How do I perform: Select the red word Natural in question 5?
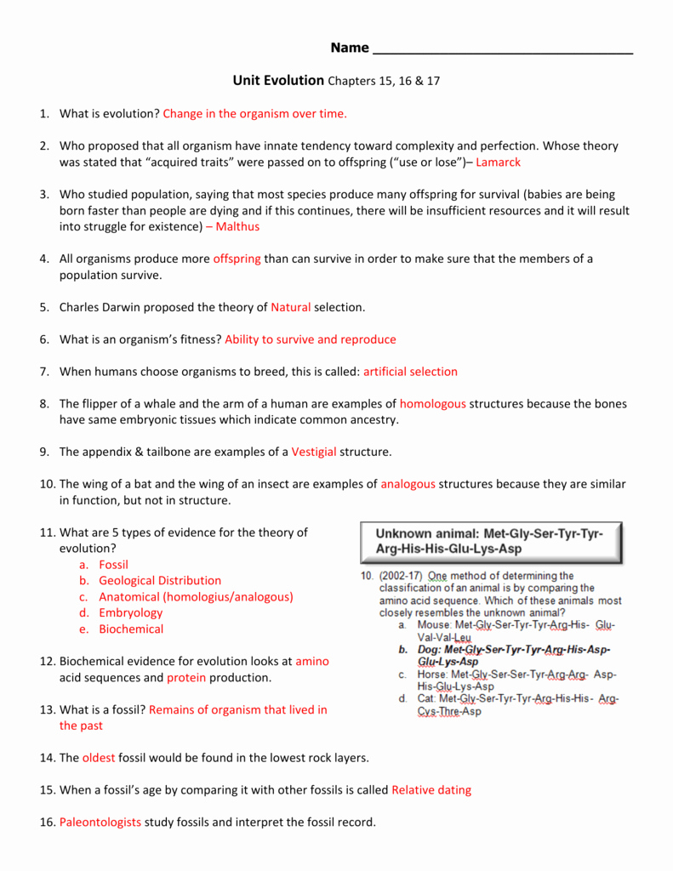pyautogui.click(x=291, y=307)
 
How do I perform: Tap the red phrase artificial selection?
pyautogui.click(x=410, y=372)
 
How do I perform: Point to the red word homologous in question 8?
pyautogui.click(x=433, y=404)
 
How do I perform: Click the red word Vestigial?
pyautogui.click(x=314, y=452)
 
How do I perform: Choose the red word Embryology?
pyautogui.click(x=130, y=612)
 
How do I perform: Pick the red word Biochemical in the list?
pyautogui.click(x=131, y=629)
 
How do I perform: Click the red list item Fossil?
pyautogui.click(x=113, y=564)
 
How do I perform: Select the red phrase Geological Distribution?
pyautogui.click(x=160, y=580)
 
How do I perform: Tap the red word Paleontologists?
pyautogui.click(x=100, y=822)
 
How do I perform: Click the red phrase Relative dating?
pyautogui.click(x=431, y=789)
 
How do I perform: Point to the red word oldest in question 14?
pyautogui.click(x=99, y=757)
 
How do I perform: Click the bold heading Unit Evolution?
pyautogui.click(x=279, y=80)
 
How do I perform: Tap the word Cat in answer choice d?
pyautogui.click(x=425, y=699)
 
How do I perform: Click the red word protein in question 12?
pyautogui.click(x=186, y=677)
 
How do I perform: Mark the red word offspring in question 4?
pyautogui.click(x=237, y=259)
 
